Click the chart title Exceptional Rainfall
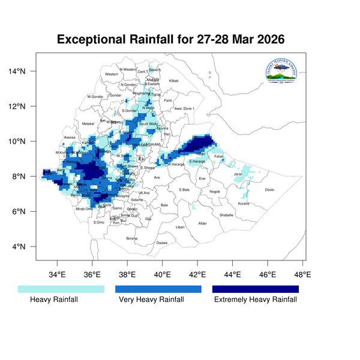pyautogui.click(x=170, y=40)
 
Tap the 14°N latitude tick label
pyautogui.click(x=17, y=71)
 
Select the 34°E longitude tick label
pyautogui.click(x=58, y=275)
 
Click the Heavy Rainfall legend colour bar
pyautogui.click(x=61, y=289)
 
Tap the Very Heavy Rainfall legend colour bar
pyautogui.click(x=158, y=289)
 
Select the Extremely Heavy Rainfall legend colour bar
pyautogui.click(x=256, y=289)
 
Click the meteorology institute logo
pyautogui.click(x=281, y=74)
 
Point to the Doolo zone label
pyautogui.click(x=269, y=190)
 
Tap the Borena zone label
pyautogui.click(x=132, y=238)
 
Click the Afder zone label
pyautogui.click(x=202, y=224)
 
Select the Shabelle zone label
pyautogui.click(x=226, y=215)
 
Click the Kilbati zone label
pyautogui.click(x=174, y=80)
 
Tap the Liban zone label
pyautogui.click(x=180, y=227)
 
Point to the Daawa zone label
pyautogui.click(x=162, y=242)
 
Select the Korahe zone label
pyautogui.click(x=244, y=203)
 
